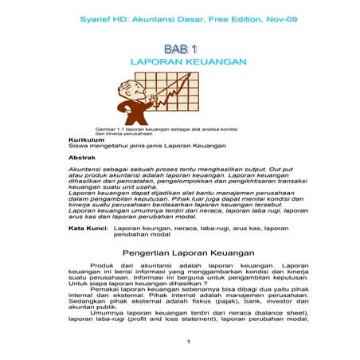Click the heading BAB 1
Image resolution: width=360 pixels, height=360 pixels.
coord(180,49)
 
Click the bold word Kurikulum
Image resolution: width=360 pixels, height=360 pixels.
coord(87,139)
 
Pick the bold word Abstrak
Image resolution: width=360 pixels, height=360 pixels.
coord(83,158)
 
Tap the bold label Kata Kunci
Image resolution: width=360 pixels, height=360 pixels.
coord(88,229)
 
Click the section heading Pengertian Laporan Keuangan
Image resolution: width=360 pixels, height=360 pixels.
coord(180,252)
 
